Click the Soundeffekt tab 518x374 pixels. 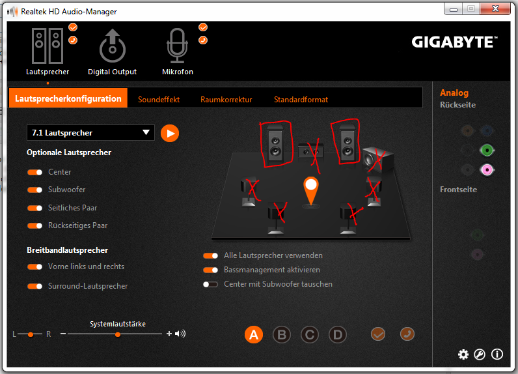click(x=159, y=100)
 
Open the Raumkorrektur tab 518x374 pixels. click(x=226, y=100)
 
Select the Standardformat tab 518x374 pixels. click(x=301, y=100)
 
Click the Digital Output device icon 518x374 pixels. click(x=113, y=46)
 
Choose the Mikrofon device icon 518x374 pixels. click(x=178, y=46)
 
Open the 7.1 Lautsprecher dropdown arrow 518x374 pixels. click(x=146, y=132)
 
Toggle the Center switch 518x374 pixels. click(x=34, y=172)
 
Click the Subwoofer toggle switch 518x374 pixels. click(x=34, y=190)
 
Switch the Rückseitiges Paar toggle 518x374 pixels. click(x=34, y=225)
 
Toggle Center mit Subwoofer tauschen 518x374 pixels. click(x=210, y=284)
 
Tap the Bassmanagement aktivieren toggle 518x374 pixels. click(x=210, y=270)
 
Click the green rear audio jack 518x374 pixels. click(x=487, y=151)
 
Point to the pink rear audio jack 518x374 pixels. click(x=487, y=170)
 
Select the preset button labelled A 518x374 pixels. click(x=254, y=334)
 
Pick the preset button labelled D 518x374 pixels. click(x=338, y=335)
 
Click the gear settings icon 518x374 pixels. click(x=463, y=354)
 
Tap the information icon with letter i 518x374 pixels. click(x=497, y=354)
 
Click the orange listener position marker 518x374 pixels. click(x=311, y=191)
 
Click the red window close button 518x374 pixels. click(x=495, y=8)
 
